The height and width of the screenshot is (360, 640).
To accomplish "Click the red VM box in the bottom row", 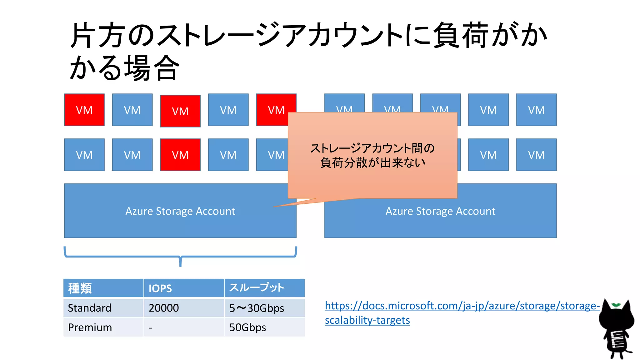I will (180, 155).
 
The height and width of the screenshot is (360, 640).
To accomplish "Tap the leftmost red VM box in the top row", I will (84, 110).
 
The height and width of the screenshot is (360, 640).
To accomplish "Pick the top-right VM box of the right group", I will (536, 110).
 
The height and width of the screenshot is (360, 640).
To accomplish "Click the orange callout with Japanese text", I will (372, 155).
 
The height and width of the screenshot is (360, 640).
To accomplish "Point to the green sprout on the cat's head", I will (616, 305).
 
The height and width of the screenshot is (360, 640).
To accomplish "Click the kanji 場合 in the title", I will (152, 68).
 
